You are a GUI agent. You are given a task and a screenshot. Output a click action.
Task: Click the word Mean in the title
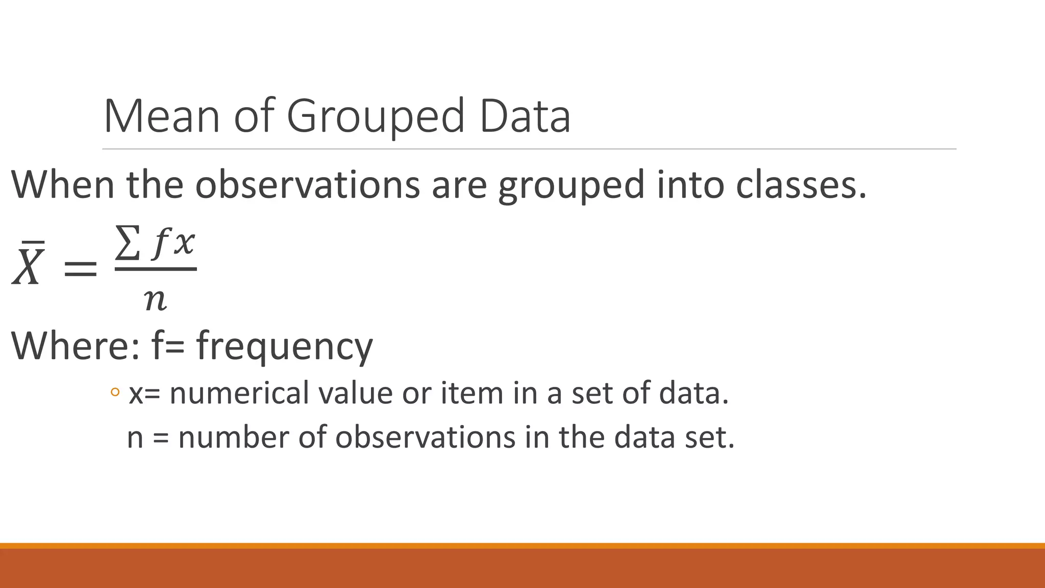(162, 116)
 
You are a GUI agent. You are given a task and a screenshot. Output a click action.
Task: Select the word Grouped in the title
(376, 117)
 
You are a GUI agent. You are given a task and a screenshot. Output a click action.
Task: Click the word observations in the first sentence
(308, 184)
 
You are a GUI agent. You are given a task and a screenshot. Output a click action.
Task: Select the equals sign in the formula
(80, 268)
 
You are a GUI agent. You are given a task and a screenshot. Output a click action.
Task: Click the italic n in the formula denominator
(155, 299)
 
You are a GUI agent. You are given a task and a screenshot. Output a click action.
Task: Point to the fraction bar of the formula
(156, 269)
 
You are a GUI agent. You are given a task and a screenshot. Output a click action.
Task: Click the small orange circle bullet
(115, 393)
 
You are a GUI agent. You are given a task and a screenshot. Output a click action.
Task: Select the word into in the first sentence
(690, 184)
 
